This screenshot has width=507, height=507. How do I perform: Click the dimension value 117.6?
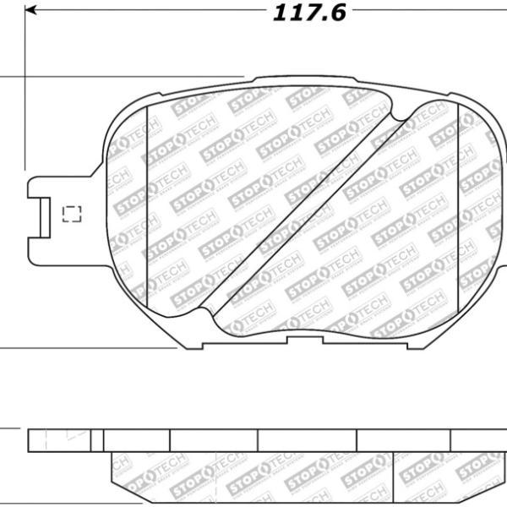pyautogui.click(x=309, y=14)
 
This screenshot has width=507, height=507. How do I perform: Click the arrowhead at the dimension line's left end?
pyautogui.click(x=31, y=13)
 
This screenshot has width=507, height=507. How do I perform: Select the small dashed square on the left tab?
pyautogui.click(x=71, y=213)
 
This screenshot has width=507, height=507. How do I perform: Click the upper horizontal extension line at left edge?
pyautogui.click(x=10, y=79)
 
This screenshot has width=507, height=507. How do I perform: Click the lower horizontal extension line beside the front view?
pyautogui.click(x=10, y=346)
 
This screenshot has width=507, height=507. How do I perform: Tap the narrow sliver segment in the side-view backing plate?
pyautogui.click(x=97, y=439)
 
